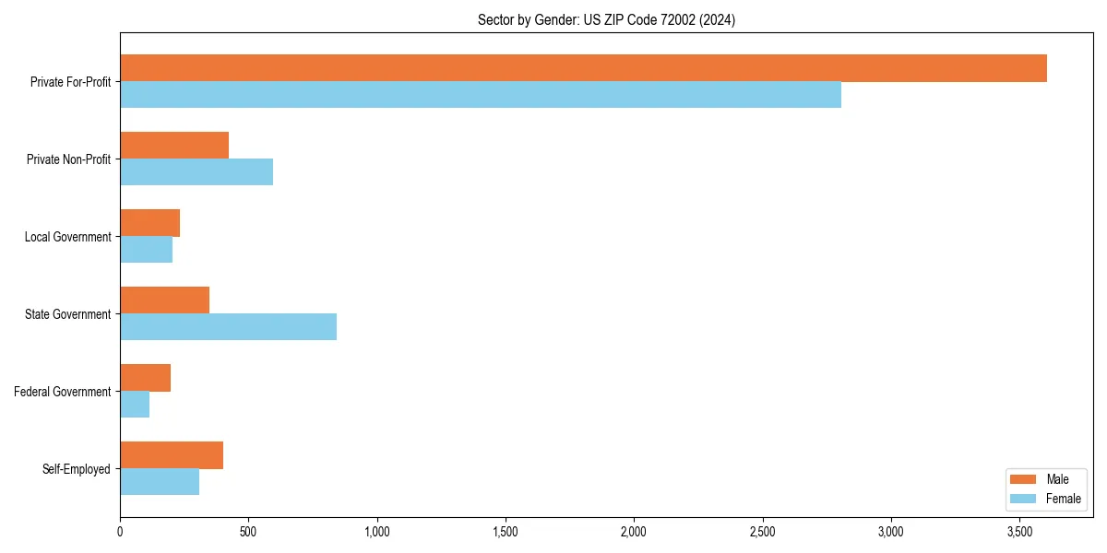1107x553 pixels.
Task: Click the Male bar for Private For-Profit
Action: (583, 68)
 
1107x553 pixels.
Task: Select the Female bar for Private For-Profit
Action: (481, 95)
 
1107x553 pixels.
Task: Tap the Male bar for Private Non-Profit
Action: (174, 146)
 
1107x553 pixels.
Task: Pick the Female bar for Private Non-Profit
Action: (196, 172)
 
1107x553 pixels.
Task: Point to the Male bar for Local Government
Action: (149, 223)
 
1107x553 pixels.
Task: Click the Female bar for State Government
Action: (228, 327)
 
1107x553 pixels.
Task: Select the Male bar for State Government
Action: (164, 300)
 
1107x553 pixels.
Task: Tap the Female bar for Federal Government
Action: (135, 405)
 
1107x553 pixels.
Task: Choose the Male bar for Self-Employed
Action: (172, 455)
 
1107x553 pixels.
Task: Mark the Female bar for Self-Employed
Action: (160, 482)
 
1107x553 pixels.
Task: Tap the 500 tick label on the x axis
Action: (248, 532)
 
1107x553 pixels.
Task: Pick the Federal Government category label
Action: (63, 392)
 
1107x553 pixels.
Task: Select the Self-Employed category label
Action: (77, 469)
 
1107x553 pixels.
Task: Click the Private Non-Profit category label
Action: (69, 159)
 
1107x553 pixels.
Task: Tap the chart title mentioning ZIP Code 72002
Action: (606, 20)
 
